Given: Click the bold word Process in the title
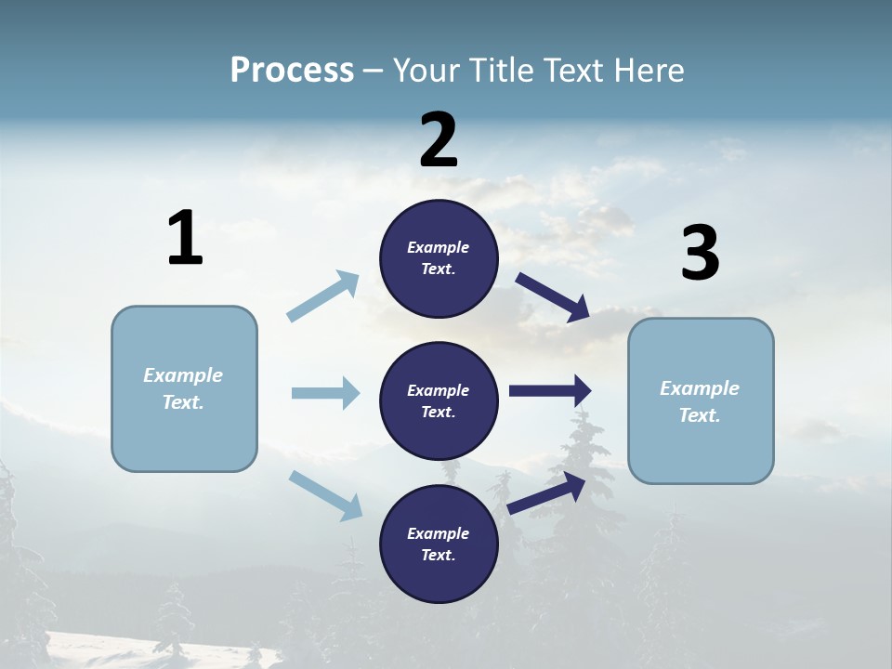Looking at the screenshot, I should click(292, 71).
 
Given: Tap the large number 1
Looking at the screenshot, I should click(185, 239).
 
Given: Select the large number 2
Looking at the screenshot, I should click(439, 140).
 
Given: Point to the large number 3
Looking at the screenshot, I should click(700, 255).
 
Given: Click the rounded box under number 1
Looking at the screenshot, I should click(184, 388).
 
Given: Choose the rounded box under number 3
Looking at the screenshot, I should click(701, 400).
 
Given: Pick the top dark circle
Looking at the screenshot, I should click(439, 258).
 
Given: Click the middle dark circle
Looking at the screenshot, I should click(439, 400).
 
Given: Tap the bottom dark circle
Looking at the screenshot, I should click(439, 544).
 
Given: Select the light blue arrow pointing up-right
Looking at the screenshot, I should click(323, 296).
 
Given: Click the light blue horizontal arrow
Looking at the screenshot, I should click(325, 393).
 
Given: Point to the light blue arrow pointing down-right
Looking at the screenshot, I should click(326, 495).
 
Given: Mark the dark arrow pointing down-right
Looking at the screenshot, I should click(554, 296).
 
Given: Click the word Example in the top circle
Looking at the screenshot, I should click(438, 247).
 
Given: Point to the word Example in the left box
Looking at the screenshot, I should click(183, 375).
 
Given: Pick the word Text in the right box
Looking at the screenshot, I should click(699, 415).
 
